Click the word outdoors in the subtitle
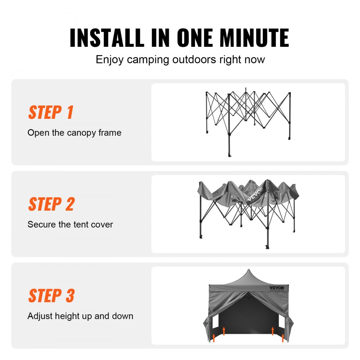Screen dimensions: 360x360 [194, 59]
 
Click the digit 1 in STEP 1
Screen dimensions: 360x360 [70, 113]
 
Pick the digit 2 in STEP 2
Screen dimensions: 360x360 [70, 204]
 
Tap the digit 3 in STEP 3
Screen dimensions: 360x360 [70, 296]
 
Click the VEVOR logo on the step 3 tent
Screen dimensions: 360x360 [276, 288]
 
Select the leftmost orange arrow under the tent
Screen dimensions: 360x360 [214, 337]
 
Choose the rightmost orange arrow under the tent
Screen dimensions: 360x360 [283, 337]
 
